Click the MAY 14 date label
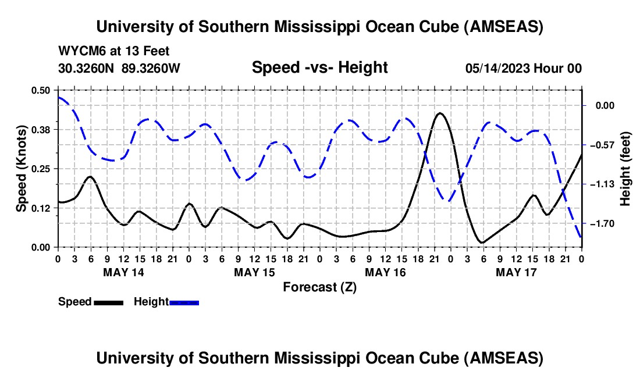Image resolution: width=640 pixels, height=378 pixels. click(123, 272)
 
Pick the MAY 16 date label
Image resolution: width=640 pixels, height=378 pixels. click(385, 272)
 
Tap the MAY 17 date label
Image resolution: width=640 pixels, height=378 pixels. click(516, 272)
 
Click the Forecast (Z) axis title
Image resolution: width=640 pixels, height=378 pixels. click(319, 287)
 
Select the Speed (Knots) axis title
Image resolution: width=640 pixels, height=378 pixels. click(22, 169)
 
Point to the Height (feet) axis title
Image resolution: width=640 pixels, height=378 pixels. click(625, 169)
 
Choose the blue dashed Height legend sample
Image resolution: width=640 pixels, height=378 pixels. click(184, 302)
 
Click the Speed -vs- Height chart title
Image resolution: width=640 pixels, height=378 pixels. click(319, 67)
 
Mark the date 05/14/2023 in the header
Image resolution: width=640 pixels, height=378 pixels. click(497, 69)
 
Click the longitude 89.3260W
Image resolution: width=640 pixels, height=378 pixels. click(151, 69)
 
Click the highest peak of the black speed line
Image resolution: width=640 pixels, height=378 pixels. click(440, 113)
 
